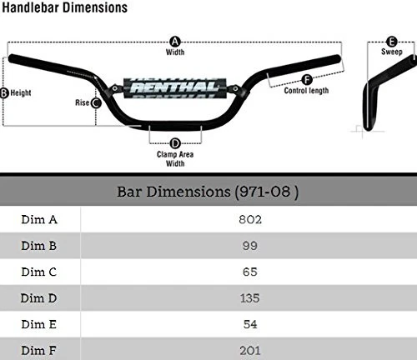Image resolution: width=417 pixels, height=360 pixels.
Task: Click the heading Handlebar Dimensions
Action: [64, 7]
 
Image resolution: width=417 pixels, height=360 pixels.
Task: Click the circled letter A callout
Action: [175, 40]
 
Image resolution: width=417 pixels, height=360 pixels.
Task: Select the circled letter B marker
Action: [4, 93]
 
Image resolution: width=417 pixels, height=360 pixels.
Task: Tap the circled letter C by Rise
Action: [96, 103]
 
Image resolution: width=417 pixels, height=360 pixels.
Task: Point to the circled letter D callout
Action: [175, 143]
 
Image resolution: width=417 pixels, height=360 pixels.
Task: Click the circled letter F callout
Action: [306, 80]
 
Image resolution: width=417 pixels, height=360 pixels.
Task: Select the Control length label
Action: [306, 91]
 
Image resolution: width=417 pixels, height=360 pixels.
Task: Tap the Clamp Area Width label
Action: [175, 158]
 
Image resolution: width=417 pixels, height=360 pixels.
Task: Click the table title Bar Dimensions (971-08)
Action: [208, 192]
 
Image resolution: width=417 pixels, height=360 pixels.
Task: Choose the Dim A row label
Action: [39, 219]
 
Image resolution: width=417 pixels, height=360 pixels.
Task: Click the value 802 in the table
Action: [249, 219]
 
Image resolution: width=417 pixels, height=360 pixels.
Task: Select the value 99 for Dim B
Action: [249, 246]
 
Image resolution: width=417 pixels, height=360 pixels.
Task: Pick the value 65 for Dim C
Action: [249, 272]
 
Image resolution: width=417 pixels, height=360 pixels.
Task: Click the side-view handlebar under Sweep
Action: [375, 92]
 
